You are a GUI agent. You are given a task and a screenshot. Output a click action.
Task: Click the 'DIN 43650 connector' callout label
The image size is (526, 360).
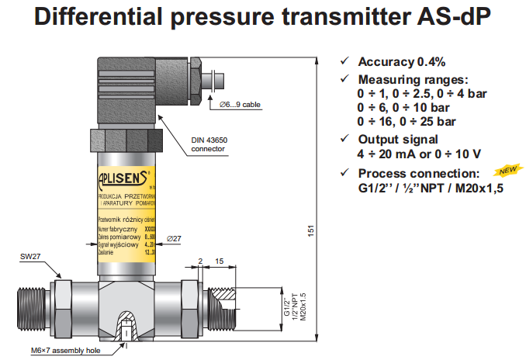coord(210,144)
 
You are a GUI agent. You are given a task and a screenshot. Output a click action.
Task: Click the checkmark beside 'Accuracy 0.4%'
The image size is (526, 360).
coord(345,62)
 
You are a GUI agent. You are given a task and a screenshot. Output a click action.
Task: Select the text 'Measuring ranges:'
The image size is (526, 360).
coord(413,80)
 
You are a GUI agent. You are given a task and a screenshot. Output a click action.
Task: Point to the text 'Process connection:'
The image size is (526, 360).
coord(419,173)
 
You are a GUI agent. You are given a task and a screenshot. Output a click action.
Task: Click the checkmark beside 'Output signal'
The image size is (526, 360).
coord(345,139)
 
